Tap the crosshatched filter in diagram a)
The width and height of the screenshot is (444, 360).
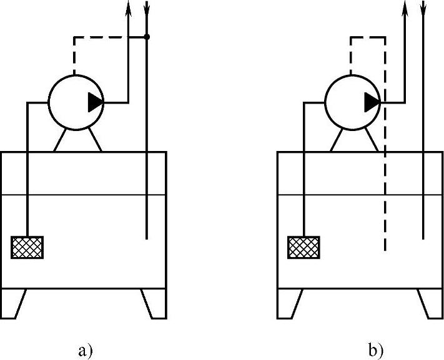click(27, 247)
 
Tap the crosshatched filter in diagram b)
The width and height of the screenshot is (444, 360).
click(303, 247)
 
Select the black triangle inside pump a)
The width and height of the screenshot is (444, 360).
click(95, 102)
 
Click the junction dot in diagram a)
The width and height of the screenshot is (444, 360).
click(147, 37)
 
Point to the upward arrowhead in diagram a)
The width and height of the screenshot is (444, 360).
click(128, 7)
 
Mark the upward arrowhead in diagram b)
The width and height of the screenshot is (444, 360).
click(405, 7)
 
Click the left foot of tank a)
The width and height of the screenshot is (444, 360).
click(14, 303)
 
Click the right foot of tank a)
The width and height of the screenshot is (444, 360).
click(154, 303)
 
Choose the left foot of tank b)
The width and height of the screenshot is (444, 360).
click(290, 303)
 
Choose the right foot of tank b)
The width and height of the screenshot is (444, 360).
click(430, 303)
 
